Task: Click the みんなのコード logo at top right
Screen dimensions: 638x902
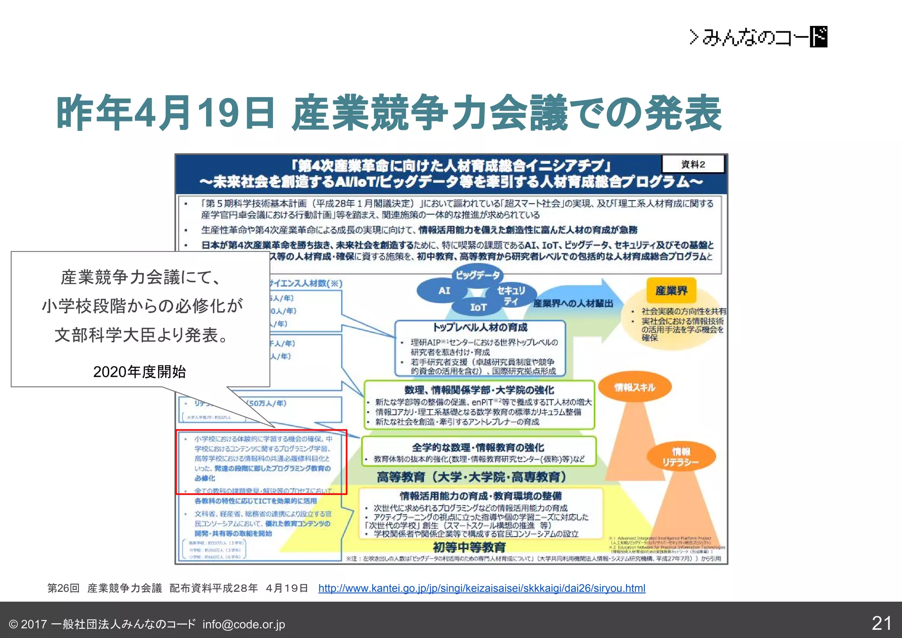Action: click(758, 37)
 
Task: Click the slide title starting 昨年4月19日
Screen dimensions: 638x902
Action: click(388, 113)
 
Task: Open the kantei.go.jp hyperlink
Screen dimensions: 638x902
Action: click(481, 588)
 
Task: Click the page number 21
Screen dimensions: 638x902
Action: click(882, 623)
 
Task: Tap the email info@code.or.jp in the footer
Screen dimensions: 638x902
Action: click(244, 624)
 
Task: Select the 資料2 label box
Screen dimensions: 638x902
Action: click(693, 164)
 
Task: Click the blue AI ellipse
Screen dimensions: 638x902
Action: click(444, 291)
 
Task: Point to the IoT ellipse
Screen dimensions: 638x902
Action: click(478, 307)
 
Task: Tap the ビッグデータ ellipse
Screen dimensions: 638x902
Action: click(477, 275)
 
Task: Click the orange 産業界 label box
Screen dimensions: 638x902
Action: click(671, 290)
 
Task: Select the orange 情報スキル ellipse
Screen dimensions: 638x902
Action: click(635, 387)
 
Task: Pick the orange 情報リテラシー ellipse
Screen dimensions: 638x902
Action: click(680, 457)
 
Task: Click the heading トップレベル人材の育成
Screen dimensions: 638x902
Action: click(480, 327)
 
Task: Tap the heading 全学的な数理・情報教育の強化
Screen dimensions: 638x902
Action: click(478, 447)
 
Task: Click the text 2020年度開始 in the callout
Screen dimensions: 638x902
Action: click(140, 372)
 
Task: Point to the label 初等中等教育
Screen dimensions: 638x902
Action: click(469, 547)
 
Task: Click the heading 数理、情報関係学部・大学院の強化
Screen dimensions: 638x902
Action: click(479, 390)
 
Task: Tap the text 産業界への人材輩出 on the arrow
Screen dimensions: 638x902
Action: click(573, 303)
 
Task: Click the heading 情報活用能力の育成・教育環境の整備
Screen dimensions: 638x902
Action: click(481, 496)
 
